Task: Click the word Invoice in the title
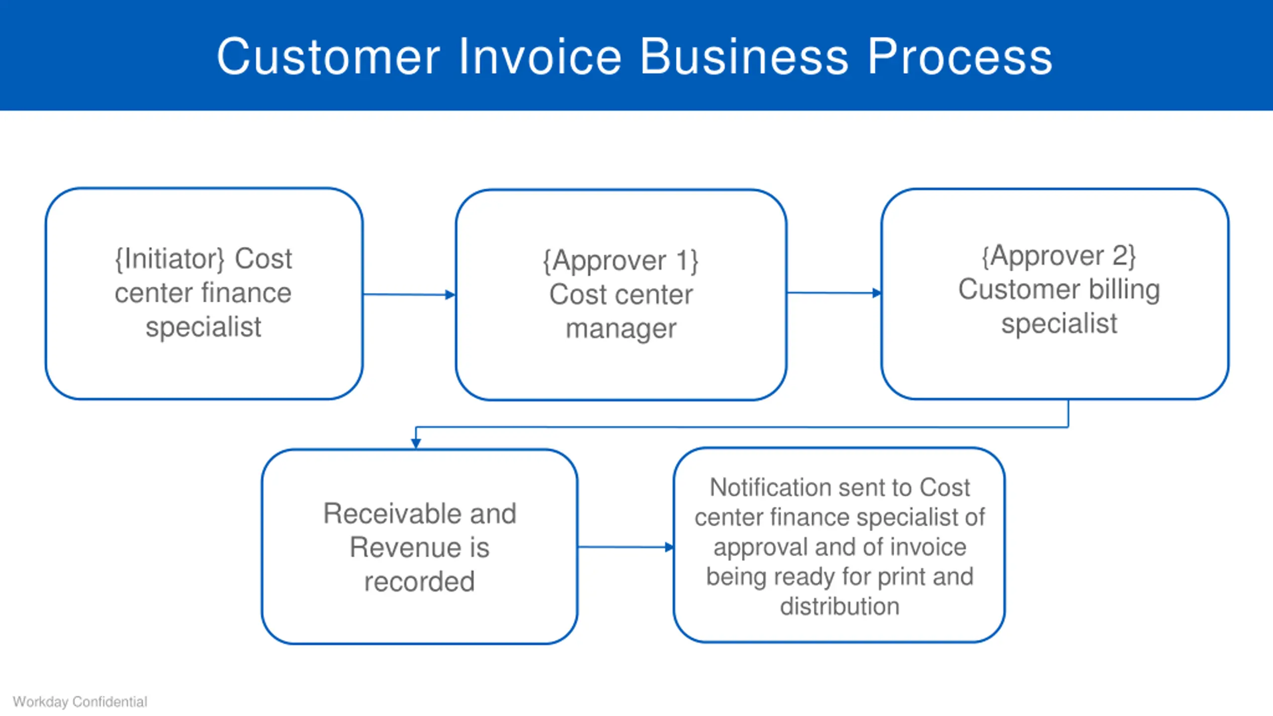[540, 57]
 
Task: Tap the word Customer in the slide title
[329, 57]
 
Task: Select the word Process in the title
[960, 57]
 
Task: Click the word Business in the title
[744, 57]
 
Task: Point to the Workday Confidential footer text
[80, 702]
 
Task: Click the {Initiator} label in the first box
[170, 259]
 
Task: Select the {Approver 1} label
[621, 261]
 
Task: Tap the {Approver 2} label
[1059, 256]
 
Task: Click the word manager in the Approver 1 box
[621, 329]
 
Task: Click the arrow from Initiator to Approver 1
[409, 295]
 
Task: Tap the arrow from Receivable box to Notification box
[626, 547]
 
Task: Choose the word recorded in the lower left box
[420, 581]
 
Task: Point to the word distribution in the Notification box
[840, 607]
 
